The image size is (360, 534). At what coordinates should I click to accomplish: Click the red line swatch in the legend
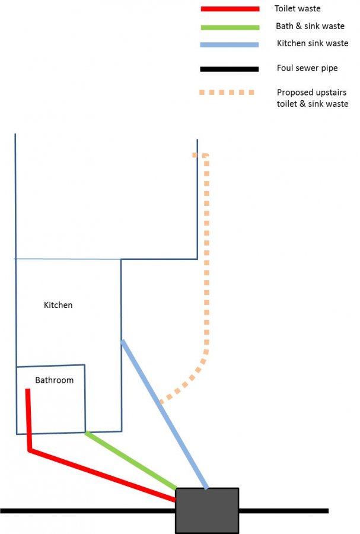[230, 9]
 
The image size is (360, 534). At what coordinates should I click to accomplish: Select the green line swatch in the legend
[230, 27]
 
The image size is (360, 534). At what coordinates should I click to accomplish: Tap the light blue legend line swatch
[230, 44]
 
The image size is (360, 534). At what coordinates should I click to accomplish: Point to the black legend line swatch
[230, 69]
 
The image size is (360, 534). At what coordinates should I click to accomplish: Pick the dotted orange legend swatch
[227, 93]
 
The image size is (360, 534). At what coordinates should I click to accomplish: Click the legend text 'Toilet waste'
[297, 8]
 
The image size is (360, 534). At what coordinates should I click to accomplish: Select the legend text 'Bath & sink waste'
[310, 26]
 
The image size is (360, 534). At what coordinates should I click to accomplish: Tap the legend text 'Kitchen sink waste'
[313, 43]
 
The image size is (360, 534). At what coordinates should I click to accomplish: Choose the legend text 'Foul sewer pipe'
[307, 68]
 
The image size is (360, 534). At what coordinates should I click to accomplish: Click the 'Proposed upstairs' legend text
[312, 93]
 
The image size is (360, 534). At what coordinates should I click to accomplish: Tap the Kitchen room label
[58, 305]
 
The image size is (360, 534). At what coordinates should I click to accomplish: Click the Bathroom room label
[55, 380]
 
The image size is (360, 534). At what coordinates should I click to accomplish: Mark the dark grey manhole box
[207, 510]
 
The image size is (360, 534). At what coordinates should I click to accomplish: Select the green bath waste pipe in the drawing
[131, 460]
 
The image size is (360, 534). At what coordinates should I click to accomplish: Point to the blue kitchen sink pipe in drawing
[164, 414]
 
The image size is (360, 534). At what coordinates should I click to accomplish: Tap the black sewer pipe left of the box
[88, 511]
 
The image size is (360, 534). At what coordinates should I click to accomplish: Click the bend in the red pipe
[30, 450]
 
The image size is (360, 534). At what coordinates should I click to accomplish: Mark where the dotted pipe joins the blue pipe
[161, 402]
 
